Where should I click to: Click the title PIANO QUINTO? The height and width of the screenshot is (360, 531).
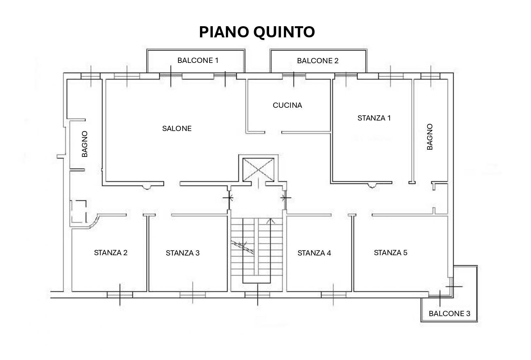pos(257,32)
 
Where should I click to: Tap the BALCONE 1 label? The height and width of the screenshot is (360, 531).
pos(198,60)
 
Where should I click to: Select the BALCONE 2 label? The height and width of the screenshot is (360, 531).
pos(317,61)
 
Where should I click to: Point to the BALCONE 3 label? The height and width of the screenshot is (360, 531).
pos(449,313)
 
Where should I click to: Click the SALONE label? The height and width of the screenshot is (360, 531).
pos(177,128)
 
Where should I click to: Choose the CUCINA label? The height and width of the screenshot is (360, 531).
pos(287,105)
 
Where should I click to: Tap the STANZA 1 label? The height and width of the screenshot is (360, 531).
pos(374,118)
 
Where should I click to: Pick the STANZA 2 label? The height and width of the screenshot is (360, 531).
pos(110,253)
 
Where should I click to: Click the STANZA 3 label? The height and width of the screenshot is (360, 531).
pos(183,253)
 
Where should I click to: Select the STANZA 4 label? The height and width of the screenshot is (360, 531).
pos(314,253)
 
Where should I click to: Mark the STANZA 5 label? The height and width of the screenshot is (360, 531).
pos(390,253)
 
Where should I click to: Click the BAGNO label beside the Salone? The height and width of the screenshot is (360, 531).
pos(85,144)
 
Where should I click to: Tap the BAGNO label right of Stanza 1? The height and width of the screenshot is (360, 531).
pos(430,137)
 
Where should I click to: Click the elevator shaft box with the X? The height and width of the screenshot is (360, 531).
pos(258,169)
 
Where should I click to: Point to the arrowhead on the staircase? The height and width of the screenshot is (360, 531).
pos(271,221)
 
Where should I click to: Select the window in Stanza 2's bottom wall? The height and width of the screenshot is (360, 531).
pos(120,294)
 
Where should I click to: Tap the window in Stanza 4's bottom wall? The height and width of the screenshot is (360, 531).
pos(333,294)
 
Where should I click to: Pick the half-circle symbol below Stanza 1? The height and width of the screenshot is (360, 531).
pos(371,186)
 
